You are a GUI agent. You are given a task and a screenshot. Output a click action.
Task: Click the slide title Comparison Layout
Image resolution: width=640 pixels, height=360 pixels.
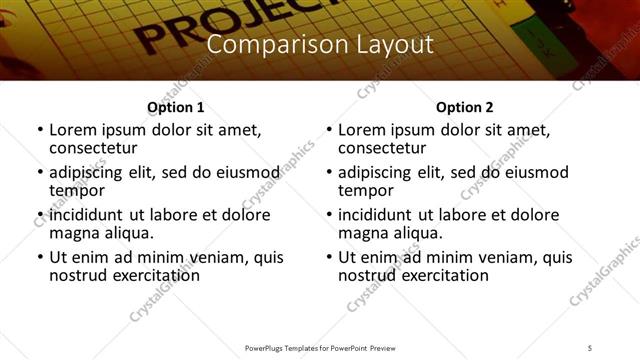(319, 45)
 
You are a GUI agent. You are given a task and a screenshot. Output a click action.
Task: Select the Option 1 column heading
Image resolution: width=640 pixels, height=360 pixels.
(175, 107)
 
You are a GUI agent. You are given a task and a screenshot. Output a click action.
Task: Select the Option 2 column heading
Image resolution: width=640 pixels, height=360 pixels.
(464, 107)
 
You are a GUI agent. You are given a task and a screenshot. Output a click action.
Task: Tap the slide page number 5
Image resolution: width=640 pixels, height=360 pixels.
(591, 348)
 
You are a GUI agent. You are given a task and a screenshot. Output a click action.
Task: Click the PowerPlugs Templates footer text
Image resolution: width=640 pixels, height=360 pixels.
(319, 348)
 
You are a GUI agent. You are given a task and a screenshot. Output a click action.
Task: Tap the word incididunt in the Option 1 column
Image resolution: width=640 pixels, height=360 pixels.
(86, 215)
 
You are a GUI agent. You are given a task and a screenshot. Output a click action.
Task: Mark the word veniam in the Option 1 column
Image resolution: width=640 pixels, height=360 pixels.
(214, 257)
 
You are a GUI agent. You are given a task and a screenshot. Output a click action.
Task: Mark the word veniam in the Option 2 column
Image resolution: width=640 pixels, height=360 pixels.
(503, 257)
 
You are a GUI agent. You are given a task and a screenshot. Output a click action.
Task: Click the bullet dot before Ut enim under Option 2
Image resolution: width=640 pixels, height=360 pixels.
(328, 257)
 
